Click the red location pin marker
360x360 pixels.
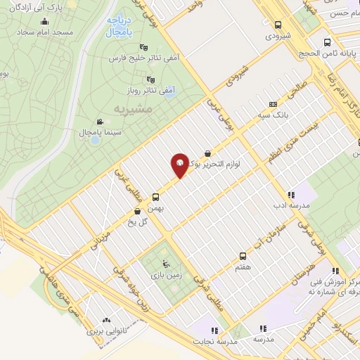pyautogui.click(x=180, y=165)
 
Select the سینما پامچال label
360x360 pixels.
pyautogui.click(x=84, y=132)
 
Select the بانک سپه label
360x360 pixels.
pyautogui.click(x=290, y=112)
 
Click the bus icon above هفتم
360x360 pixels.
pyautogui.click(x=243, y=256)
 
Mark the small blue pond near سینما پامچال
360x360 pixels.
pyautogui.click(x=94, y=140)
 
